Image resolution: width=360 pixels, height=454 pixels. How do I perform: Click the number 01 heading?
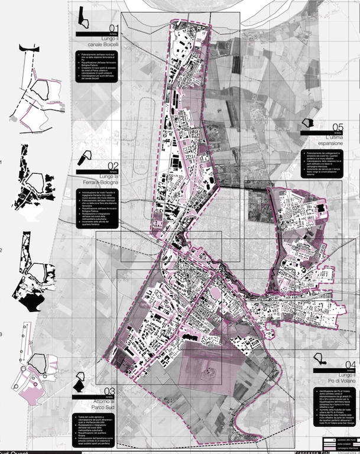pyautogui.click(x=113, y=29)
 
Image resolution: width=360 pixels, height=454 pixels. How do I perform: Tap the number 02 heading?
pyautogui.click(x=113, y=166)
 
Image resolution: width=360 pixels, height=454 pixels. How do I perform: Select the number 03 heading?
pyautogui.click(x=109, y=391)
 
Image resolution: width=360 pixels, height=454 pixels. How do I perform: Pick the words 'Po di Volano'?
pyautogui.click(x=343, y=382)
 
